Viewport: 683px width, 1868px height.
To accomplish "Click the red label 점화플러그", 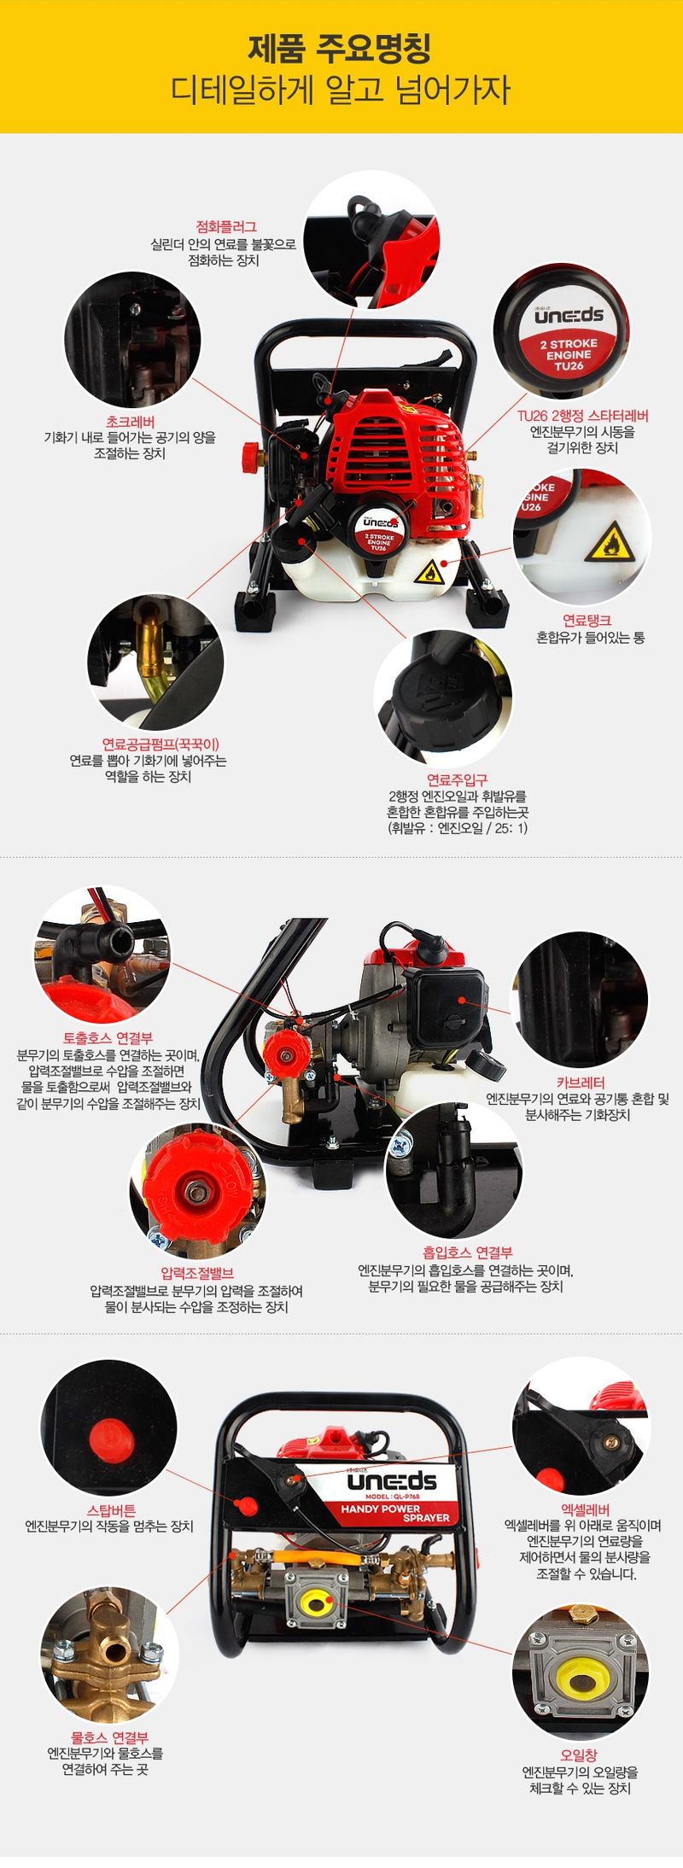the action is pos(226,227).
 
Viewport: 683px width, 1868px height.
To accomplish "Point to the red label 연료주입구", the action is pos(457,779).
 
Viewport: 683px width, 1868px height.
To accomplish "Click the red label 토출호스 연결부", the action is pos(108,1038).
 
